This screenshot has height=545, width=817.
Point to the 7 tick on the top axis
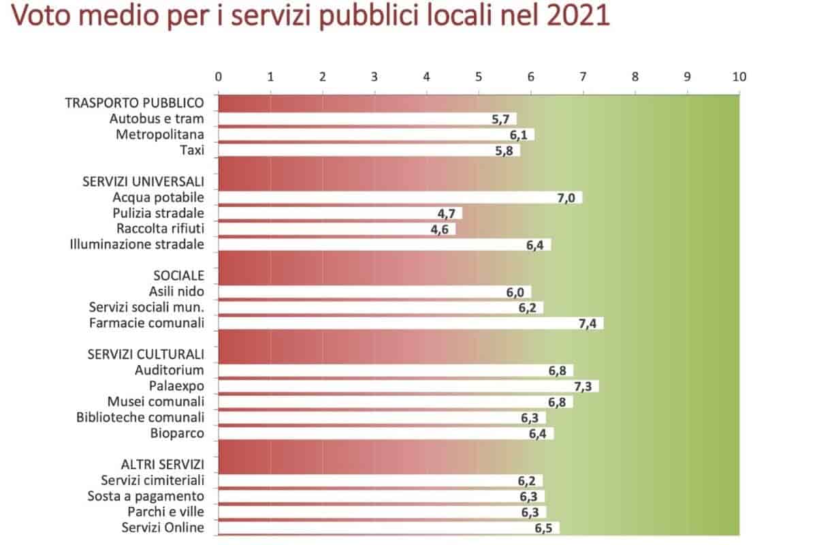click(x=583, y=76)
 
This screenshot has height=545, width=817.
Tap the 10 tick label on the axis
click(x=739, y=76)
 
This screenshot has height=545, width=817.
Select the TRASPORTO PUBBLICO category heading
click(x=134, y=103)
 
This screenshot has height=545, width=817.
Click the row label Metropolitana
click(x=159, y=134)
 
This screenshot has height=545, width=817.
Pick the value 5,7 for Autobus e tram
click(x=500, y=119)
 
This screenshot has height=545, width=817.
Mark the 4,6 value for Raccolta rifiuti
click(x=439, y=230)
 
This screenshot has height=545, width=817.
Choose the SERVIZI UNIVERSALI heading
click(x=143, y=182)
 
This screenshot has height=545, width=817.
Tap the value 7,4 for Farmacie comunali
click(x=587, y=324)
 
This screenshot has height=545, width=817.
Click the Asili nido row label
click(x=176, y=292)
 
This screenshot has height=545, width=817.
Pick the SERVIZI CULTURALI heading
click(x=146, y=354)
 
